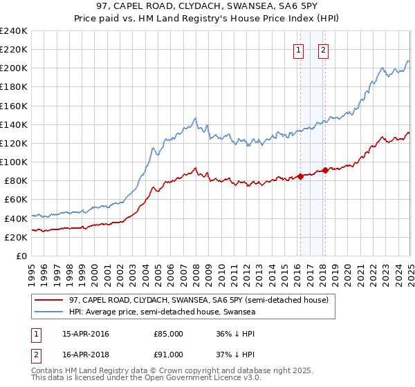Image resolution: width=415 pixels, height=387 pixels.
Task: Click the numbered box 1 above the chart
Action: point(298,49)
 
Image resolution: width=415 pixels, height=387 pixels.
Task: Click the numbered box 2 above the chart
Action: point(324,49)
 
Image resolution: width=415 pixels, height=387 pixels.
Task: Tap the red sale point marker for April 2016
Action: point(300,176)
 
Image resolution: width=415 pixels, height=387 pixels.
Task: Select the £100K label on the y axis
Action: point(14,162)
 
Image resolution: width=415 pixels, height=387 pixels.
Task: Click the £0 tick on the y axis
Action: point(22,256)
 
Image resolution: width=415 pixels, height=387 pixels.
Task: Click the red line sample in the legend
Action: point(49,300)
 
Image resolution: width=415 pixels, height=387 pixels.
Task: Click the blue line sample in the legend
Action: point(49,312)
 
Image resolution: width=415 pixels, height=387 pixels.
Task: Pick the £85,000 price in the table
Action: point(168,334)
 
